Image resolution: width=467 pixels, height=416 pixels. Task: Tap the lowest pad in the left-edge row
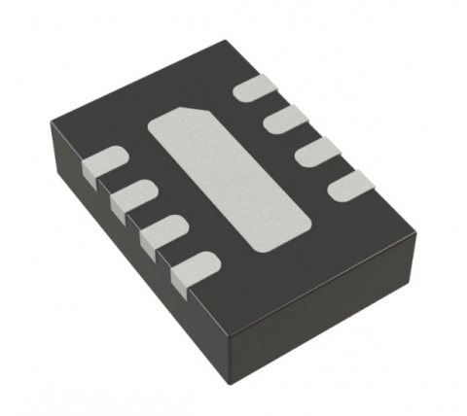194,267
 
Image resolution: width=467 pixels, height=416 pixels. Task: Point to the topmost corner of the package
227,41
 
